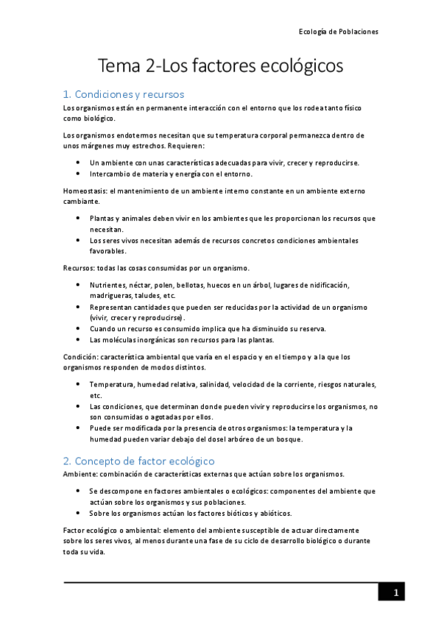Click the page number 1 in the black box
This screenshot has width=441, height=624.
point(395,593)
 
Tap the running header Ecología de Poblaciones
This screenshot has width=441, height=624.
point(338,32)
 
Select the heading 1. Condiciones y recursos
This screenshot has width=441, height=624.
point(124,94)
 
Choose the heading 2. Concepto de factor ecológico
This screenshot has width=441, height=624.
point(138,461)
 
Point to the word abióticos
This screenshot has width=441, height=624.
point(271,513)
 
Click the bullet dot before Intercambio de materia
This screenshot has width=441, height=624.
point(79,174)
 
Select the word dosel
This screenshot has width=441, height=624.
point(211,439)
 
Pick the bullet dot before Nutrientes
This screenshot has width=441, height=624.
point(79,285)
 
